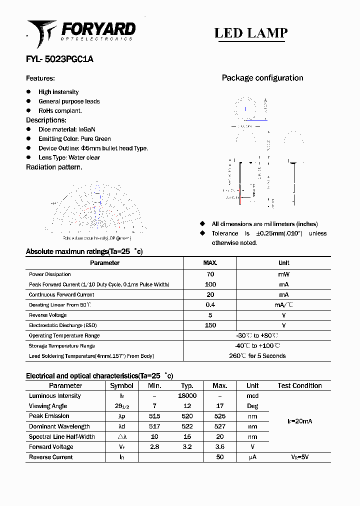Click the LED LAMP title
point(250,33)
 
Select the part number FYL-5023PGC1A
point(59,59)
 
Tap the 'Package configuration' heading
point(262,78)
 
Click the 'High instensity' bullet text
point(58,92)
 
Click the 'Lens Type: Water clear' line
point(69,157)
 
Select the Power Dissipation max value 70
point(210,274)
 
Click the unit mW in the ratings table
point(283,274)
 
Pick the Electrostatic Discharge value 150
point(210,325)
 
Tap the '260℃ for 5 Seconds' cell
point(257,356)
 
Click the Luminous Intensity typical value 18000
point(187,395)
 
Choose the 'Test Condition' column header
point(299,385)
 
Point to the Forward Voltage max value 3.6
point(219,447)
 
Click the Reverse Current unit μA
point(252,457)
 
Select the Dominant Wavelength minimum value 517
point(154,426)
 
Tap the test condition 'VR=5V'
point(299,457)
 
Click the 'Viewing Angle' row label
point(48,406)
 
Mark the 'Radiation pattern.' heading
point(54,167)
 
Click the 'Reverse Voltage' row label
point(47,315)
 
